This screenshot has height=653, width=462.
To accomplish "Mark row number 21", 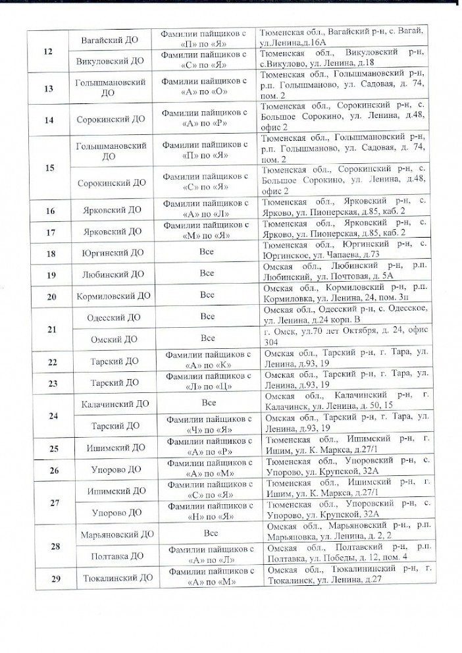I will (x=47, y=328).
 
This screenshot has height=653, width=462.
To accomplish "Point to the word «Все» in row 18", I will (x=208, y=253).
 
